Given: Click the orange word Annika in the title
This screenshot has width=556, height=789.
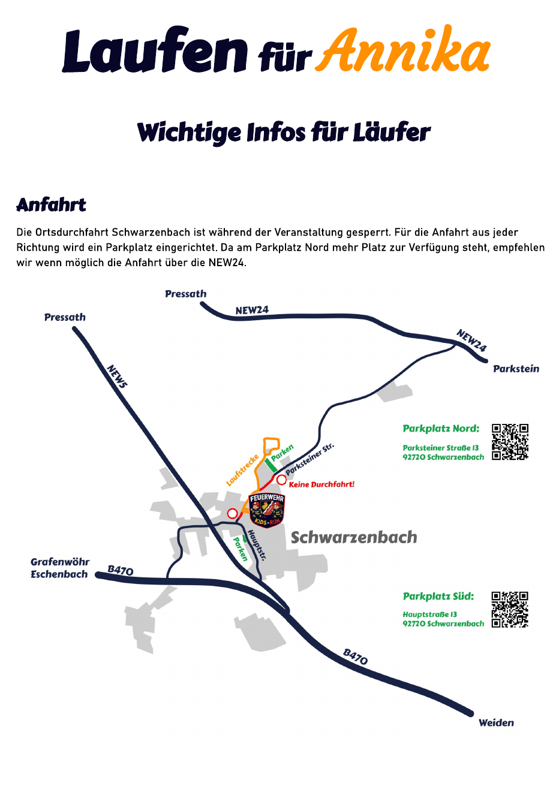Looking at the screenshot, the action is pos(402,49).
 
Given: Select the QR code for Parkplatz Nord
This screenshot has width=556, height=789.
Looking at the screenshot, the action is pos(510,442).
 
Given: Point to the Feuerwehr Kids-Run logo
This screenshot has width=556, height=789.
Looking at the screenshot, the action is pos(267,510).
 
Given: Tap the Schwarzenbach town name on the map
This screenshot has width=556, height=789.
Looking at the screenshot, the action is pos(354,538).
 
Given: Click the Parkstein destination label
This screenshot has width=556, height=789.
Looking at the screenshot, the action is pos(516,369).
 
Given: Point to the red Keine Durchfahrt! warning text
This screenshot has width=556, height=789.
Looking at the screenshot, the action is pos(321,484).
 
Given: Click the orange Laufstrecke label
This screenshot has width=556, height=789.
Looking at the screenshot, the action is pos(242,470).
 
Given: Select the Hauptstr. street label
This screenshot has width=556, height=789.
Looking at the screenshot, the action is pos(257,544).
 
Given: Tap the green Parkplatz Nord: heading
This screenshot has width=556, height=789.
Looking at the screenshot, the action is pos(441,429).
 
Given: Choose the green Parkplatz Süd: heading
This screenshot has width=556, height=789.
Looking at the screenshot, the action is pos(438,597).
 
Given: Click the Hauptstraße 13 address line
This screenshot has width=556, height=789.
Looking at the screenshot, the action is pos(430,615).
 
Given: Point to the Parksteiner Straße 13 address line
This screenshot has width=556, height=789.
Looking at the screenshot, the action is pos(441,448).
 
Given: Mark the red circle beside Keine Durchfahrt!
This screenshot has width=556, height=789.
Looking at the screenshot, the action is pos(281,480).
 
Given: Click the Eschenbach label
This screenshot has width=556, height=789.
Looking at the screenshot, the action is pos(59,574).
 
